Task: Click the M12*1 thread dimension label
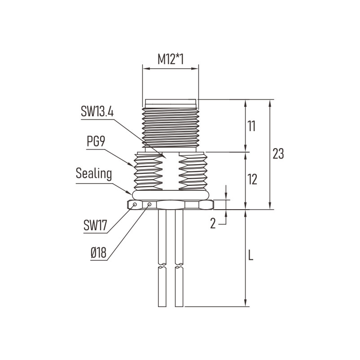[171, 59]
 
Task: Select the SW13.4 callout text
[97, 112]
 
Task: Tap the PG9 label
[96, 141]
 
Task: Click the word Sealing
[94, 174]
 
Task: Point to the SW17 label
[95, 225]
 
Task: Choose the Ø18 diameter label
[98, 253]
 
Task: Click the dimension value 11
[252, 126]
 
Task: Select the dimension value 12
[252, 179]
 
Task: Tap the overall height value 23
[278, 154]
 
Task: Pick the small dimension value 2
[213, 224]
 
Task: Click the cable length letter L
[251, 255]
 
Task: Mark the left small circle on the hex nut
[135, 204]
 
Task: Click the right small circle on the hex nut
[149, 204]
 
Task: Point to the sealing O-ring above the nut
[171, 195]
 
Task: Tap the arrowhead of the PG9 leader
[132, 165]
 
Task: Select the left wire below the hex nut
[162, 258]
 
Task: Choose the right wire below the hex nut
[179, 258]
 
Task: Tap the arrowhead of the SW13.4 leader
[164, 156]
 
